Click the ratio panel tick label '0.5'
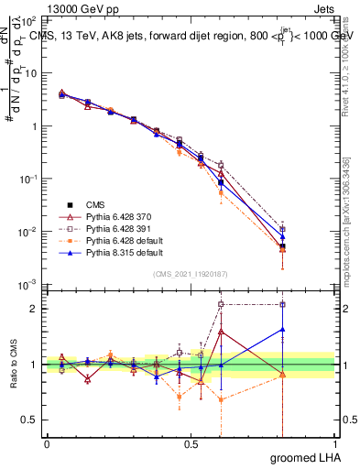[30, 420]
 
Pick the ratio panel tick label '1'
[35, 365]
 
